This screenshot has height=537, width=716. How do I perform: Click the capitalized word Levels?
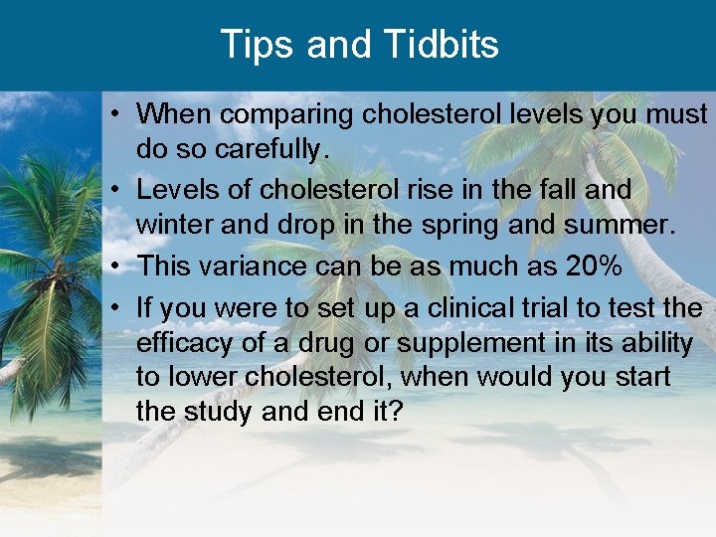pyautogui.click(x=180, y=188)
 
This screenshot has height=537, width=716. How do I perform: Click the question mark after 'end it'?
pyautogui.click(x=395, y=411)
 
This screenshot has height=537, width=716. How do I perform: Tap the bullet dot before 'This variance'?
pyautogui.click(x=116, y=266)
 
